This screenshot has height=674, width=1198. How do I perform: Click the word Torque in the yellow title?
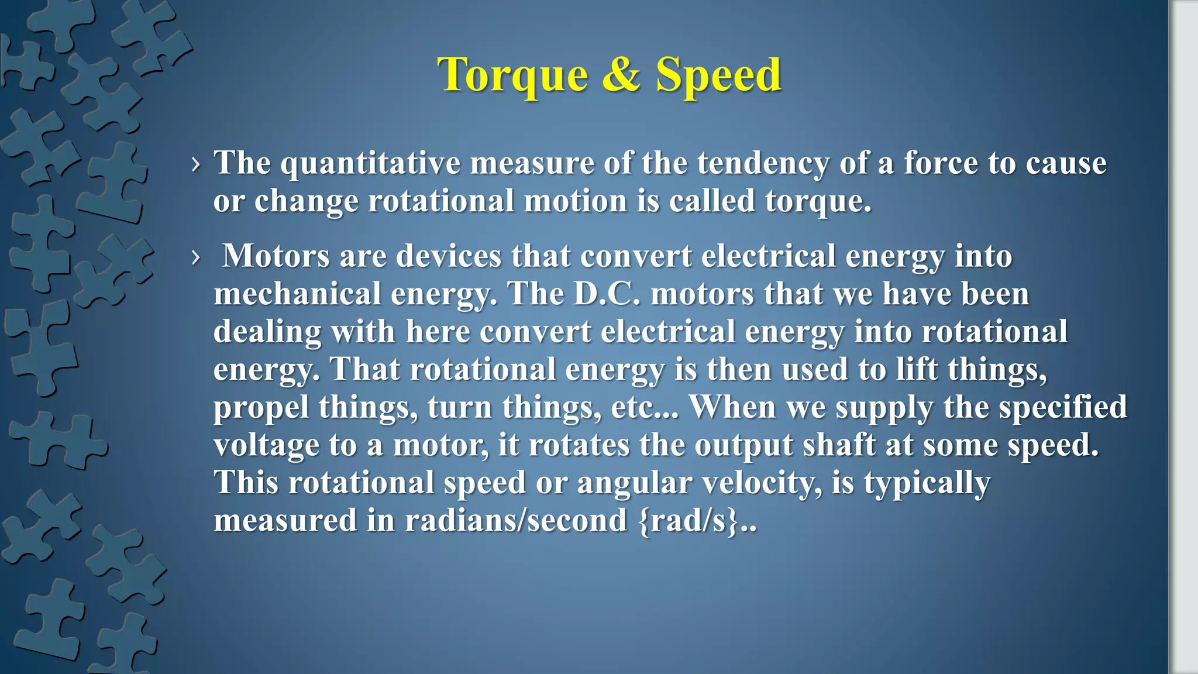[x=512, y=75]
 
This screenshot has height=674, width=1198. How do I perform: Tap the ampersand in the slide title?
[x=621, y=74]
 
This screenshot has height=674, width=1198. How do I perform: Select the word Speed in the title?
[x=718, y=75]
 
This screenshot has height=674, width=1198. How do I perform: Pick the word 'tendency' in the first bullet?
[x=763, y=163]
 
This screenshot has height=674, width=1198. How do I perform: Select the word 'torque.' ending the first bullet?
[x=818, y=201]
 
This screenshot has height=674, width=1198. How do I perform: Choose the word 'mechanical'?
[x=297, y=294]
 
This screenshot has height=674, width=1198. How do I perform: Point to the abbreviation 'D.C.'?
[x=607, y=294]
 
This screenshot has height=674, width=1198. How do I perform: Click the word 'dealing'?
[x=267, y=332]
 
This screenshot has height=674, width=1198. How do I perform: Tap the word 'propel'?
[x=261, y=408]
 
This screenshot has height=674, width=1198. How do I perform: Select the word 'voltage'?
[x=266, y=445]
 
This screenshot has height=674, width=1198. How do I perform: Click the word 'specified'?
[x=1062, y=407]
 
